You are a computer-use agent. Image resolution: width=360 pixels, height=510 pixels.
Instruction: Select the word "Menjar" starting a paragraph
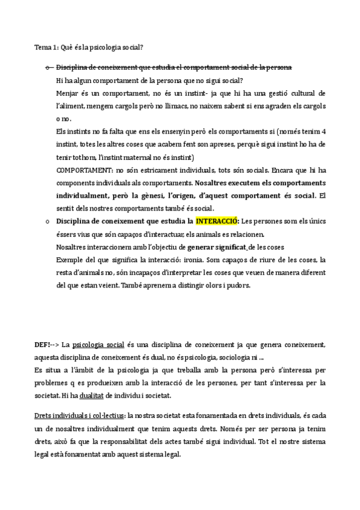pos(67,93)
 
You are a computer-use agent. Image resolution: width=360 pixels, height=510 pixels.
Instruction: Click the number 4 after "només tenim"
pos(324,132)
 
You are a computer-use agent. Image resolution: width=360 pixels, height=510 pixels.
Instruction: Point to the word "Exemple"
pos(70,259)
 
